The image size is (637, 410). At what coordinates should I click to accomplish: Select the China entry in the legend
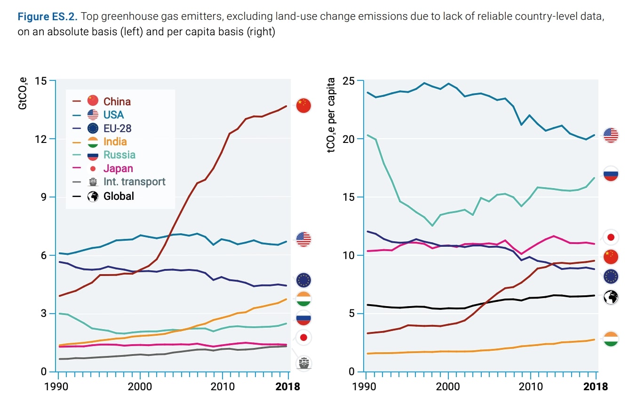point(117,101)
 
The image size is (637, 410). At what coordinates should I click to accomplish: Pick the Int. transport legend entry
point(134,181)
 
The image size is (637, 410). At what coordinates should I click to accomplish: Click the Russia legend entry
point(119,155)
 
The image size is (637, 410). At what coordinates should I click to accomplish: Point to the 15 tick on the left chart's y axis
point(41,81)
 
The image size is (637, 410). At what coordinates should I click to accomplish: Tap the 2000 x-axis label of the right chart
point(448,386)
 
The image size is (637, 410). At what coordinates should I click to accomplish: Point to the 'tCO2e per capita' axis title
point(332,116)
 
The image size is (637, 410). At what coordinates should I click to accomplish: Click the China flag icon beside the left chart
point(303,105)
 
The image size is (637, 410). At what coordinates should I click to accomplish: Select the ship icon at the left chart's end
point(304,363)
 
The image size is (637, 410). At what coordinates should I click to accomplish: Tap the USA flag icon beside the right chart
point(611,135)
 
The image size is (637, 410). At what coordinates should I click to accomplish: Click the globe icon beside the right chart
point(611,297)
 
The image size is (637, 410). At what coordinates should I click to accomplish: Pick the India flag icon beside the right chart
point(611,339)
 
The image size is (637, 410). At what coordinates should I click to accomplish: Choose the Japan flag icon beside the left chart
point(303,337)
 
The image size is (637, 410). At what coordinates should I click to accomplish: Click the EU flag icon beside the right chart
point(611,276)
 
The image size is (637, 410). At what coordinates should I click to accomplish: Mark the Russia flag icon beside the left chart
point(303,318)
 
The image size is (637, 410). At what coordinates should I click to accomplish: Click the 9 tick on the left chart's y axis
point(44,197)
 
